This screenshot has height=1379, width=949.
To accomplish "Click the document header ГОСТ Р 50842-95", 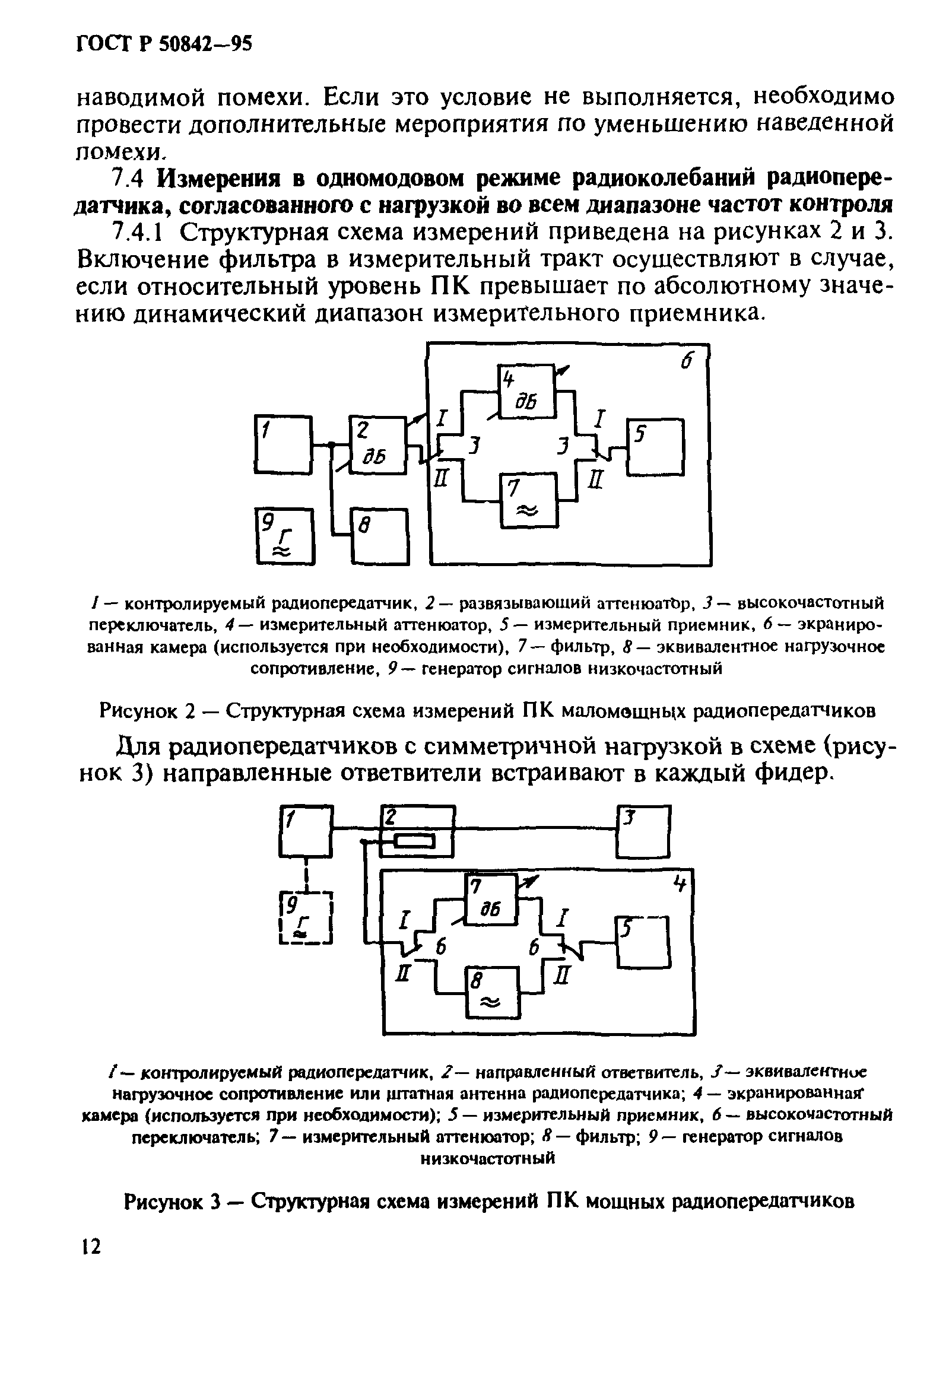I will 165,45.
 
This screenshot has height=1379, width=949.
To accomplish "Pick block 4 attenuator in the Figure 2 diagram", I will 526,390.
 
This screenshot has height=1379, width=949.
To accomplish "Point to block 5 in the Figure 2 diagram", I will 655,447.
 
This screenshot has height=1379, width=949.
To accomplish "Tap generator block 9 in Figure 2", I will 284,535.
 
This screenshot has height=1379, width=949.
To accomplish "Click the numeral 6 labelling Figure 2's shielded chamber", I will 687,362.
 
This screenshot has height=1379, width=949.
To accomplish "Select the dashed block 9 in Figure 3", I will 306,918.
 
